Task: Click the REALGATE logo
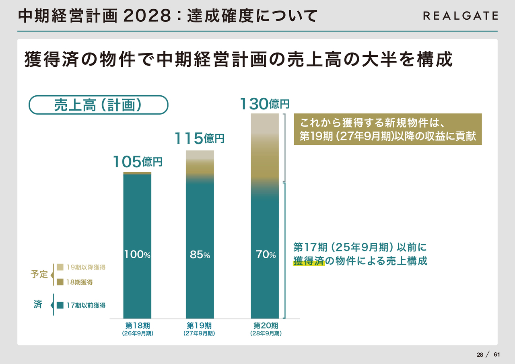point(460,16)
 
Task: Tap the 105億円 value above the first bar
point(138,162)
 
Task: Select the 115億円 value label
point(199,139)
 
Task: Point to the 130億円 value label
point(265,104)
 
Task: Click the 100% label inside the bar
point(137,255)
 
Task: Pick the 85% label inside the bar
point(200,255)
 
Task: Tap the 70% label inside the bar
point(266,255)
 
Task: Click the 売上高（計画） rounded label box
point(98,105)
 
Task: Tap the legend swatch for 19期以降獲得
point(60,267)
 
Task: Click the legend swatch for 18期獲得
point(60,282)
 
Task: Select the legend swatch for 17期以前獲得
point(60,305)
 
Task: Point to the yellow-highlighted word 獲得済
point(309,261)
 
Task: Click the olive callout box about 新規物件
point(387,129)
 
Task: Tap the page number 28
point(480,354)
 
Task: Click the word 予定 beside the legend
point(39,274)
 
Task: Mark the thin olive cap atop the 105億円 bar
point(137,173)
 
